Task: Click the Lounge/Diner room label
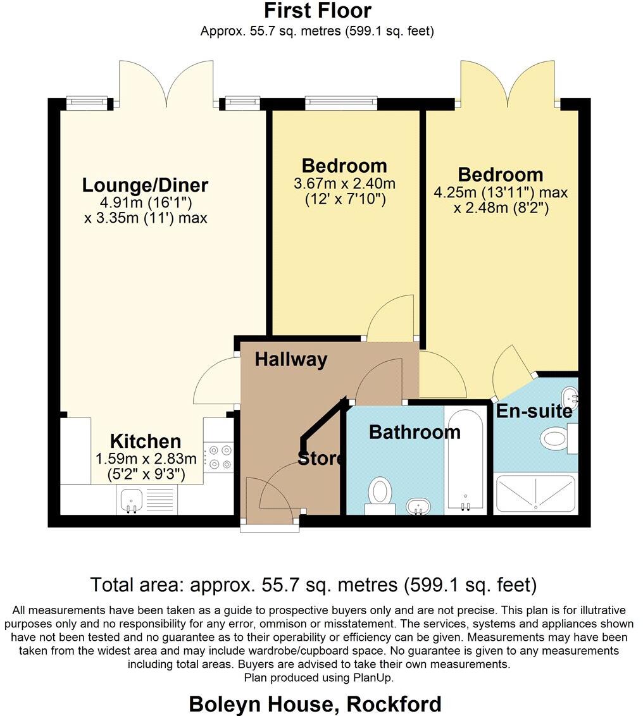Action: click(x=145, y=185)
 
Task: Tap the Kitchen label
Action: click(x=146, y=441)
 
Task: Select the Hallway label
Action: click(x=291, y=360)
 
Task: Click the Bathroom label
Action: click(x=415, y=433)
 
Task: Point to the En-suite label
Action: click(x=534, y=412)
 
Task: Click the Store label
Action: click(x=320, y=459)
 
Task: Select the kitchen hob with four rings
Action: click(x=220, y=457)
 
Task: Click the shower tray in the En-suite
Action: click(x=535, y=493)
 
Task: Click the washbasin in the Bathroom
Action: click(x=417, y=505)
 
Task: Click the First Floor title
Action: click(x=318, y=11)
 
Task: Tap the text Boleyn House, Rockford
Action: click(x=315, y=703)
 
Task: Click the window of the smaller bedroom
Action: click(x=341, y=102)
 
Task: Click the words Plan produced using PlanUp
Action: click(x=318, y=677)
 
